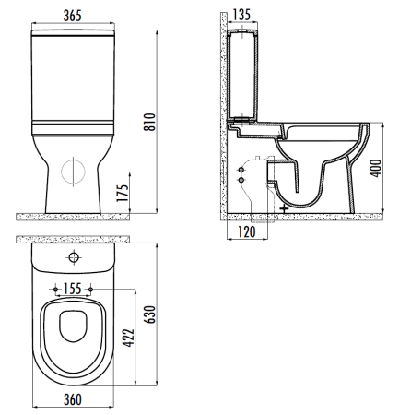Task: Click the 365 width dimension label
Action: coord(73,16)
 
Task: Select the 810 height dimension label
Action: coord(150,122)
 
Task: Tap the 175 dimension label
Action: coord(123,193)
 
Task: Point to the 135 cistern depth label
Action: coord(241,15)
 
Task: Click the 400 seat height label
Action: coord(376,168)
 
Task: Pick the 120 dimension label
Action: coord(247,231)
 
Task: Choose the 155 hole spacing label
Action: coord(73,289)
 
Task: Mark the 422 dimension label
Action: coord(128,338)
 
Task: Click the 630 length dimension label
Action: coord(150,314)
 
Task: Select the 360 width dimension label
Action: coord(73,399)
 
